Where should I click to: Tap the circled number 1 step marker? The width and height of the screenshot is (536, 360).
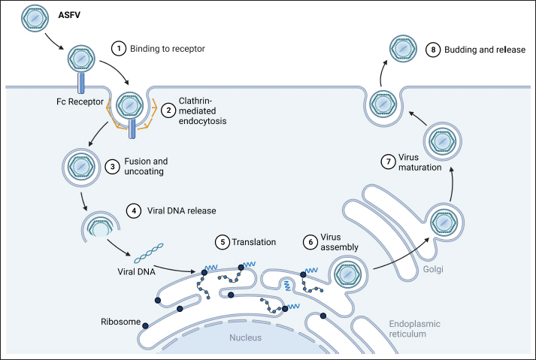pos(117,49)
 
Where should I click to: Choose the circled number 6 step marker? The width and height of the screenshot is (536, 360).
pos(310,243)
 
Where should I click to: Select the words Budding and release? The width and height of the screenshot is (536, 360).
pos(480,50)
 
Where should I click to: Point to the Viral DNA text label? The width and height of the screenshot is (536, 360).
pos(136,273)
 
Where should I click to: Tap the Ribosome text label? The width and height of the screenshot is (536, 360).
pos(120,321)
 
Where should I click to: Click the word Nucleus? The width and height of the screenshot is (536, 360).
pos(246,337)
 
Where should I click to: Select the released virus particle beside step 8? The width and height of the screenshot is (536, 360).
pos(400,50)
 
